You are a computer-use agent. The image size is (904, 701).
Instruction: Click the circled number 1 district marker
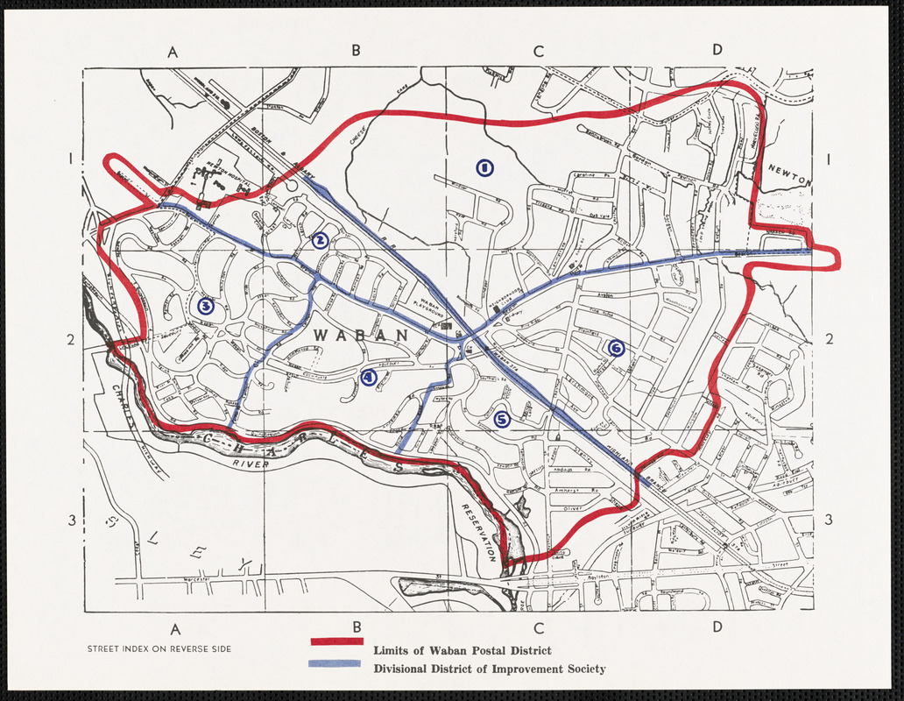[484, 167]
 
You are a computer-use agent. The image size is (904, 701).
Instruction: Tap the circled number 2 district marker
[321, 240]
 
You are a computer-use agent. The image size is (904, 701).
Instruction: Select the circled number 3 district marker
[206, 306]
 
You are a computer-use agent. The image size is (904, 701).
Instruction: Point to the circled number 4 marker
[369, 378]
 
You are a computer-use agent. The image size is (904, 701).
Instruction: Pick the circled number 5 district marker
[502, 420]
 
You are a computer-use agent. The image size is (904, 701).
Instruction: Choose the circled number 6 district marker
[616, 349]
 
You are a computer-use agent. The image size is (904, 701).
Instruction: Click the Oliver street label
[570, 507]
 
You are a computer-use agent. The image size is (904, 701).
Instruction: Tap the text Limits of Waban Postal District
[462, 650]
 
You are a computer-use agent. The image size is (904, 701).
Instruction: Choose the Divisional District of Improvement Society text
[489, 669]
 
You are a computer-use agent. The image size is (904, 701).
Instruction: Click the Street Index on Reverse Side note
[159, 649]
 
